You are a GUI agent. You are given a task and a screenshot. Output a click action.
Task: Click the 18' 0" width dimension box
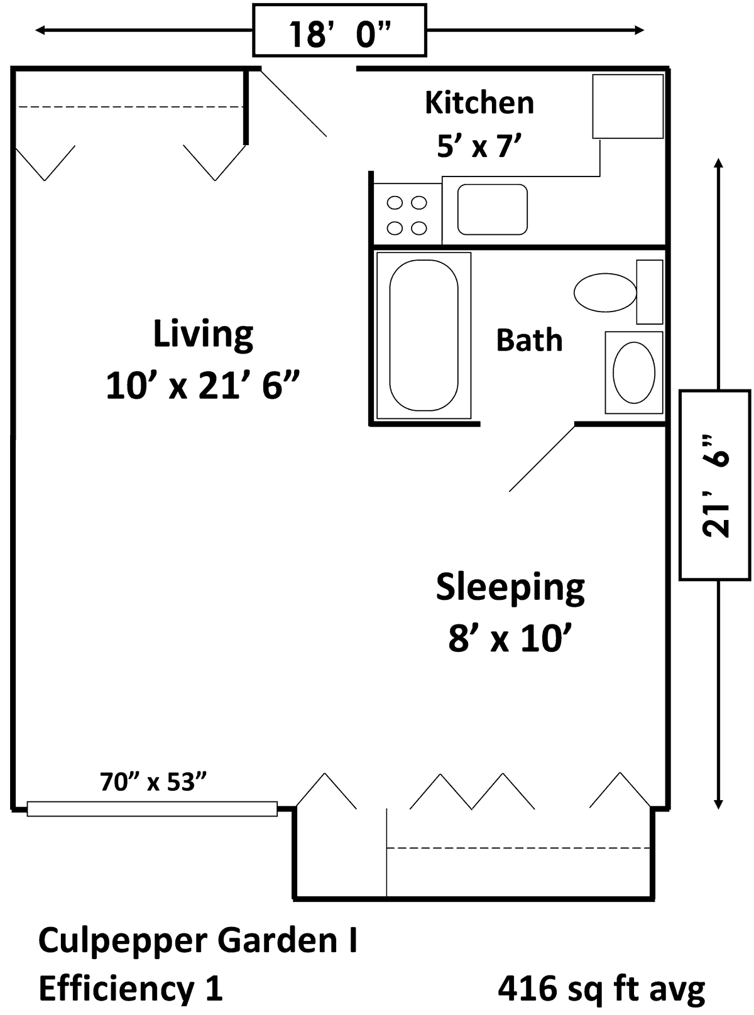339,30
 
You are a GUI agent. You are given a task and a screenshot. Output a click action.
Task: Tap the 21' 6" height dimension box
714,485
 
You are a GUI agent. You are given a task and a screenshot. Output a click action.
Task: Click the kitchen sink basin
492,210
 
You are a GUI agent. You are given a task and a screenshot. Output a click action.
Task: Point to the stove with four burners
407,214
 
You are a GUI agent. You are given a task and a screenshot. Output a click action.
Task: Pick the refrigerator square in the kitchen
628,106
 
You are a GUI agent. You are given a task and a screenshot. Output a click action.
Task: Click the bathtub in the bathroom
423,335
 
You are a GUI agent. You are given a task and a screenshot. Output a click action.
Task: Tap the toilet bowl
605,293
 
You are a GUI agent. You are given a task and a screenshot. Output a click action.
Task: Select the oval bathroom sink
633,372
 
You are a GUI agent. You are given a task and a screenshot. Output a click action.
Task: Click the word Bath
529,340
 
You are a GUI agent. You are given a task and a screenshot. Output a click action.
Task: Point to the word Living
203,335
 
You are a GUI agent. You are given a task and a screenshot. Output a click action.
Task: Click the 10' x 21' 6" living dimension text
203,385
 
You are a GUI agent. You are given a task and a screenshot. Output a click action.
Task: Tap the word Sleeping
510,588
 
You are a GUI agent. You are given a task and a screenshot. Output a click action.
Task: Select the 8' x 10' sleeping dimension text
510,639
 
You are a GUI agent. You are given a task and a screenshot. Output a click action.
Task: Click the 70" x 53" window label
153,781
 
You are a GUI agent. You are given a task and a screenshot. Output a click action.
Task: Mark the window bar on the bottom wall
152,808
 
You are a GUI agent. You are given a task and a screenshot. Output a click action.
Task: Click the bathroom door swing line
542,459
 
